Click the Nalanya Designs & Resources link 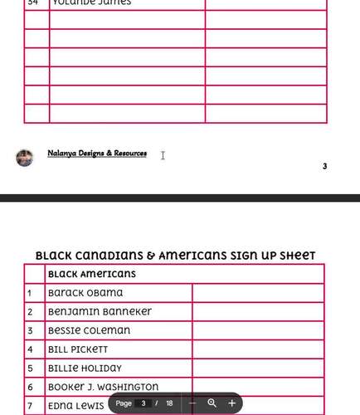tap(97, 154)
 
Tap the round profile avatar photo tap(25, 158)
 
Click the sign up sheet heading tap(175, 256)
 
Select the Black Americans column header tap(92, 274)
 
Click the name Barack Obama tap(85, 293)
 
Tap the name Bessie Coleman tap(89, 330)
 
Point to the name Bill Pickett tap(78, 349)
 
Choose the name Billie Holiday tap(85, 368)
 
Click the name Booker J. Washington tap(103, 387)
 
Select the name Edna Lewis tap(76, 405)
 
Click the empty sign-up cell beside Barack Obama tap(257, 293)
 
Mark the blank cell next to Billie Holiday tap(257, 368)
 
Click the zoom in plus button tap(231, 403)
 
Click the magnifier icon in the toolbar tap(212, 403)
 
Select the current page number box tap(143, 403)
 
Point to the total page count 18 tap(169, 403)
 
